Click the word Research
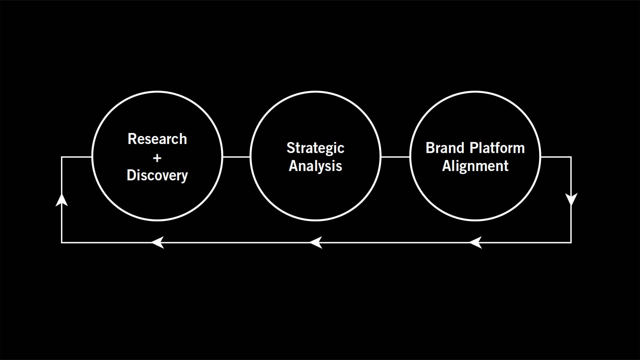coord(157,139)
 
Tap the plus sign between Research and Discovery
coord(157,158)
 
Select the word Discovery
coord(157,175)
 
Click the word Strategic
coord(315,148)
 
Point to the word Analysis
coord(315,166)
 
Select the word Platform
coord(497,148)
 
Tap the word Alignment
coord(475,166)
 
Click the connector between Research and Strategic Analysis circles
coord(236,157)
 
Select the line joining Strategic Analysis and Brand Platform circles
coord(395,157)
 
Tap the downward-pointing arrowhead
coord(571,199)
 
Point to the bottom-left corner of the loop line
coord(62,242)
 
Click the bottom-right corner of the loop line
coord(571,242)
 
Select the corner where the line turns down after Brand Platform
coord(571,157)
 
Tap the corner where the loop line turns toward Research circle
coord(62,157)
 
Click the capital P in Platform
coord(474,148)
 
